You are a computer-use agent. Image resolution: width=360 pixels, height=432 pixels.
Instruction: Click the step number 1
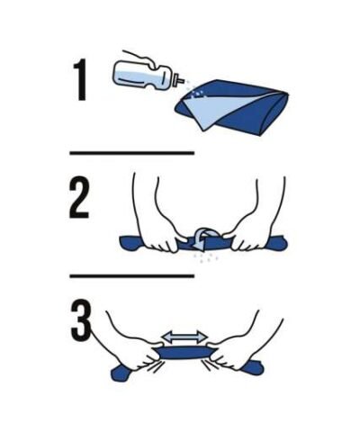coord(80,79)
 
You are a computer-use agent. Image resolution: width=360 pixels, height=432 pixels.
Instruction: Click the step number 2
coord(79,198)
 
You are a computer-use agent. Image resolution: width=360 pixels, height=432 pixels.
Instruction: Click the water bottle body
coord(140,75)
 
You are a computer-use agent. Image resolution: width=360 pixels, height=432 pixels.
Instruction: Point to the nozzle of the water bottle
coord(179,79)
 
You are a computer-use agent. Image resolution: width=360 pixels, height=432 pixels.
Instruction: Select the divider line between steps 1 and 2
coord(132,153)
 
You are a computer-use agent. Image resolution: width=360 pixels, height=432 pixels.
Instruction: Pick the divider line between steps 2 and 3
coord(132,275)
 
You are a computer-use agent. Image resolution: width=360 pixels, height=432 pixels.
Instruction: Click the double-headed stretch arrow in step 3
coord(184,337)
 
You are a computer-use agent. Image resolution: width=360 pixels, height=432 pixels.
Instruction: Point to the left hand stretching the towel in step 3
coord(135,345)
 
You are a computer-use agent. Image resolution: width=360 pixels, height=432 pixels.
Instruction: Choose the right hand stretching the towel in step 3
coord(237,345)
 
